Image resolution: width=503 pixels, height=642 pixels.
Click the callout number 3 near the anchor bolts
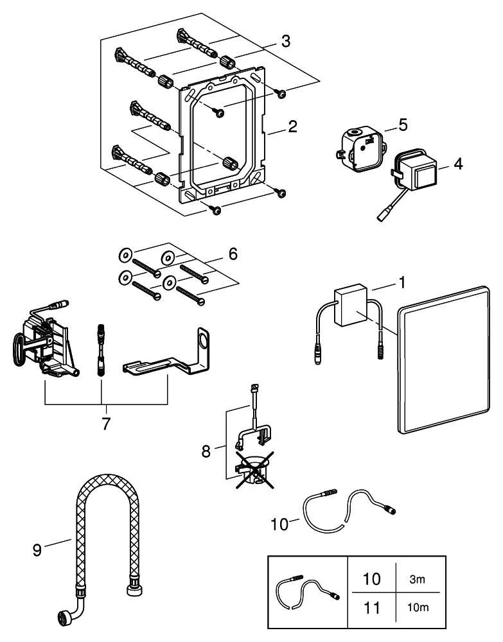pyautogui.click(x=286, y=42)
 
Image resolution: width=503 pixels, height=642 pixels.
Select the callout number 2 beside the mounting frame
pyautogui.click(x=292, y=126)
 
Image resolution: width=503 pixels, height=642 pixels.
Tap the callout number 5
pyautogui.click(x=402, y=124)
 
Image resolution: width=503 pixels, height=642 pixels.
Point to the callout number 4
pyautogui.click(x=457, y=164)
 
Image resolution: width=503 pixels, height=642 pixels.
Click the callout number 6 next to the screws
pyautogui.click(x=232, y=254)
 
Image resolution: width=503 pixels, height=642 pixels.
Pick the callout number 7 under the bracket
pyautogui.click(x=105, y=424)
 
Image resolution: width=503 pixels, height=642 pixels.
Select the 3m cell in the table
pyautogui.click(x=417, y=579)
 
